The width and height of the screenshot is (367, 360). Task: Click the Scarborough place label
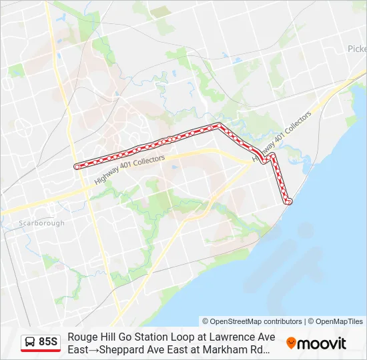click(x=41, y=223)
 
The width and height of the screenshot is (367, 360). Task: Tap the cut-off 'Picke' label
click(x=357, y=49)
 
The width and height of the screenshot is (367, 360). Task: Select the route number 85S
click(x=48, y=341)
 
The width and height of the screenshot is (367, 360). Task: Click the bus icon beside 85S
click(x=30, y=342)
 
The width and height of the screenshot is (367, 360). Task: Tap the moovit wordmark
click(x=321, y=343)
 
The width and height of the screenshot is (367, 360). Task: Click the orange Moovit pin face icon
click(x=291, y=343)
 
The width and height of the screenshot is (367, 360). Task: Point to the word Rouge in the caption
click(x=81, y=337)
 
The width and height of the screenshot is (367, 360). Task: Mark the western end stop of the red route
click(x=77, y=166)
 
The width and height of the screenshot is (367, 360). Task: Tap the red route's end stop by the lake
click(x=289, y=201)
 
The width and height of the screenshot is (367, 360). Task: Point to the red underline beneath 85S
click(x=41, y=351)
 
